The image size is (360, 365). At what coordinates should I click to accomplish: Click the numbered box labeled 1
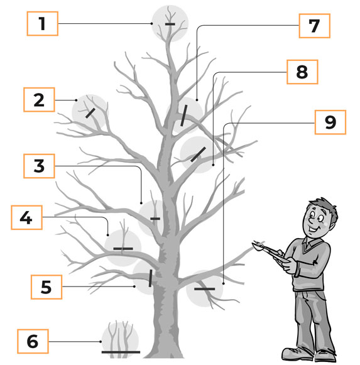[x=42, y=23]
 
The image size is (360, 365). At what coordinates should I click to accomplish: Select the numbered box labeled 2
[x=39, y=100]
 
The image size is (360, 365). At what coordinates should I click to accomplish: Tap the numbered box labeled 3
[x=39, y=166]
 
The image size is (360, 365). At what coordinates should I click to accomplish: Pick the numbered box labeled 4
[x=26, y=217]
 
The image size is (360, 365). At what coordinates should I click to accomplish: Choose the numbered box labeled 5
[x=46, y=287]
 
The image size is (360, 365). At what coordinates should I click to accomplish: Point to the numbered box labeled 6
[x=33, y=341]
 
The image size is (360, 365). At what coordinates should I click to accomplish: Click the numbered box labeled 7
[x=315, y=26]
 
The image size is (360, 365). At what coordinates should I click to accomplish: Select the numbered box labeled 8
[x=302, y=72]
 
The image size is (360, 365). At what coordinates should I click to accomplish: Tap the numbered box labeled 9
[x=330, y=123]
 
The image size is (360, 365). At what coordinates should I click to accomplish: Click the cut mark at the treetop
[x=170, y=24]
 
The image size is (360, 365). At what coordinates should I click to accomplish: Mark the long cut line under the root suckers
[x=121, y=352]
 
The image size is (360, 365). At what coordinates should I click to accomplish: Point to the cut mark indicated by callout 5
[x=150, y=278]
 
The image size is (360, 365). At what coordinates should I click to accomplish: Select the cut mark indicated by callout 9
[x=205, y=289]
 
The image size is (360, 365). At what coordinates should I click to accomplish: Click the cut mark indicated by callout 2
[x=90, y=113]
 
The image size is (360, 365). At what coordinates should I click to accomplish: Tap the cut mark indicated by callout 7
[x=184, y=116]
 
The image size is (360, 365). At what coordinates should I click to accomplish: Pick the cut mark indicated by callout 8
[x=198, y=155]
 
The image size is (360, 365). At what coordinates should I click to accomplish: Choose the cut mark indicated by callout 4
[x=123, y=249]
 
